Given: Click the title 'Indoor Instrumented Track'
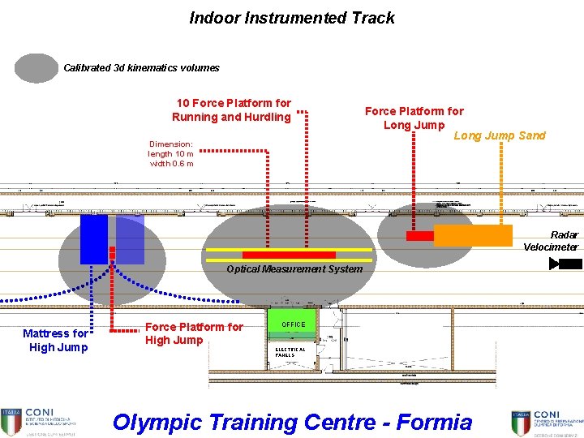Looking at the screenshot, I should point(292,18).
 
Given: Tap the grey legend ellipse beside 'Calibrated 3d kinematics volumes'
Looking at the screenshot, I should point(36,68).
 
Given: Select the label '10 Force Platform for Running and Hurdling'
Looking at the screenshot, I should point(234,110).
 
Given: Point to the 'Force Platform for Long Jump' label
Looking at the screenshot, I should point(414,118).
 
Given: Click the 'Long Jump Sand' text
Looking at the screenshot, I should point(500,135).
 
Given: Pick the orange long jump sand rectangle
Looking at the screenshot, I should point(473,235).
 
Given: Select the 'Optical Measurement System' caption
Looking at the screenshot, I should point(294,269).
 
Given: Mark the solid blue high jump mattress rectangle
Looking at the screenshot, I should point(94,239).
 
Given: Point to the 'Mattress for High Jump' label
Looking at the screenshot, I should point(55,340).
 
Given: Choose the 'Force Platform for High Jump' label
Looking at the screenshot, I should point(193,333).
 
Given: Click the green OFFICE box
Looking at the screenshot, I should point(293,323).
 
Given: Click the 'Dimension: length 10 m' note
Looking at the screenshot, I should point(171,153).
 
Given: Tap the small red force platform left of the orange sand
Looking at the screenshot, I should point(420,236).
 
